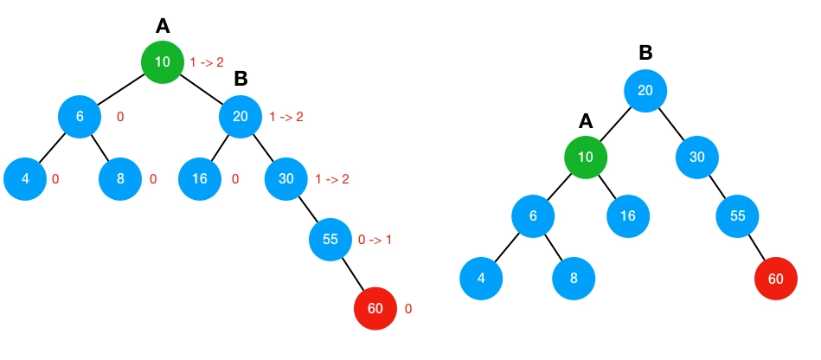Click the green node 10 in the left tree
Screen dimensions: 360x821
click(x=163, y=62)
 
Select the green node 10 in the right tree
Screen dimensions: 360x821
click(x=585, y=157)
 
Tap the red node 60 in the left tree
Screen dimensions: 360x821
click(x=375, y=308)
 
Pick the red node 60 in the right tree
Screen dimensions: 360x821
click(x=775, y=278)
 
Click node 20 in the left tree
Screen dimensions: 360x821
click(x=241, y=117)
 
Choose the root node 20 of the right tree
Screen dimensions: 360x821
click(x=645, y=91)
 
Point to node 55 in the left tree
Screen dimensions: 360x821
click(x=330, y=239)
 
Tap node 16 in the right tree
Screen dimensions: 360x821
click(x=628, y=215)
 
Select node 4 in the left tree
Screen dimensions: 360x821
click(x=25, y=179)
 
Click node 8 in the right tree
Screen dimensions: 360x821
click(x=574, y=278)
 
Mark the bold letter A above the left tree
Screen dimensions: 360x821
click(x=163, y=27)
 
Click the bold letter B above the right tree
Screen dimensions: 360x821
click(x=645, y=54)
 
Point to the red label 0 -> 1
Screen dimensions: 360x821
click(x=375, y=239)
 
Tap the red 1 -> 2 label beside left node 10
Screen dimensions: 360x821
click(x=207, y=62)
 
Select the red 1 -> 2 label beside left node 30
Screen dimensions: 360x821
click(x=332, y=179)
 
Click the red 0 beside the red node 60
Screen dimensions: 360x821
click(x=408, y=308)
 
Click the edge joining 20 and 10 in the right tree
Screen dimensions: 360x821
click(x=615, y=125)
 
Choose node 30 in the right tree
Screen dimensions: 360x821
click(x=697, y=157)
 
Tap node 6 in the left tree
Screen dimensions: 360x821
click(x=80, y=117)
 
